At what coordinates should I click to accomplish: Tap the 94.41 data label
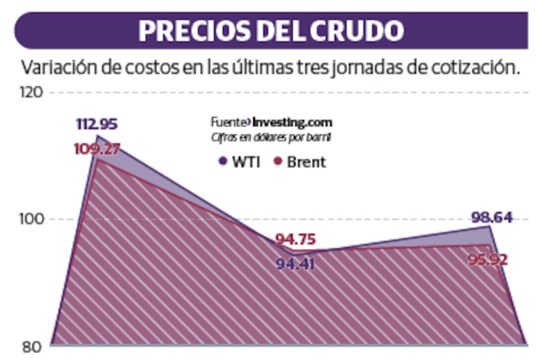click(298, 264)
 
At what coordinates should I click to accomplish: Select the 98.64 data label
click(492, 215)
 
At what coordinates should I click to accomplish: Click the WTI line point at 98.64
click(489, 227)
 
